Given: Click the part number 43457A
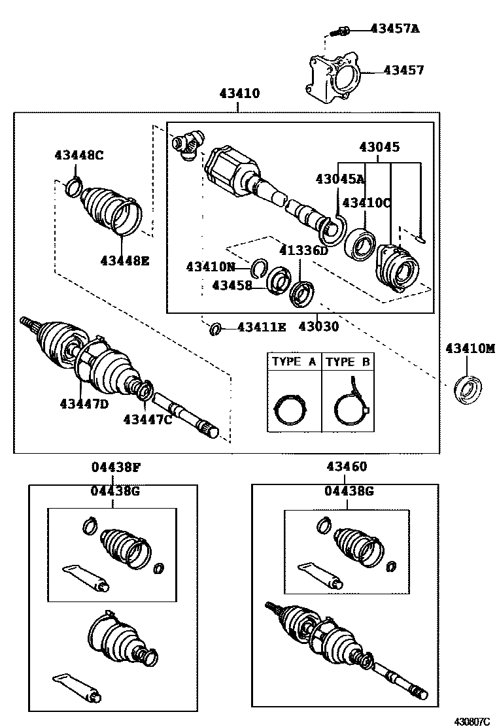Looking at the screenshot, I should point(394,28).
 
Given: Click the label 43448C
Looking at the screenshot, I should point(78,155).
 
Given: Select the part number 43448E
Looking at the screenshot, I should point(125,260).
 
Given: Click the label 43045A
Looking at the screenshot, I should point(340,178).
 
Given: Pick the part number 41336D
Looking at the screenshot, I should point(303,250).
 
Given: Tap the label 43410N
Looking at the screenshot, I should point(210,266).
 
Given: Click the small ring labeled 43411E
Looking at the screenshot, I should point(214,328).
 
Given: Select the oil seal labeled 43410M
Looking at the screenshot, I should point(469,388).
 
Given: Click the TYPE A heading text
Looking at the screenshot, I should point(294,362).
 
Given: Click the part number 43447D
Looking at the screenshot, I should point(84,403).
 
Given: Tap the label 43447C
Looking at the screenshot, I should point(148,419).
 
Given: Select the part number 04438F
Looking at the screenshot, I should point(116,467).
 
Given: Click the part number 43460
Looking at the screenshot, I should point(347,467).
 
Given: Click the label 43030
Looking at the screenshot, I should point(318,326).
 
